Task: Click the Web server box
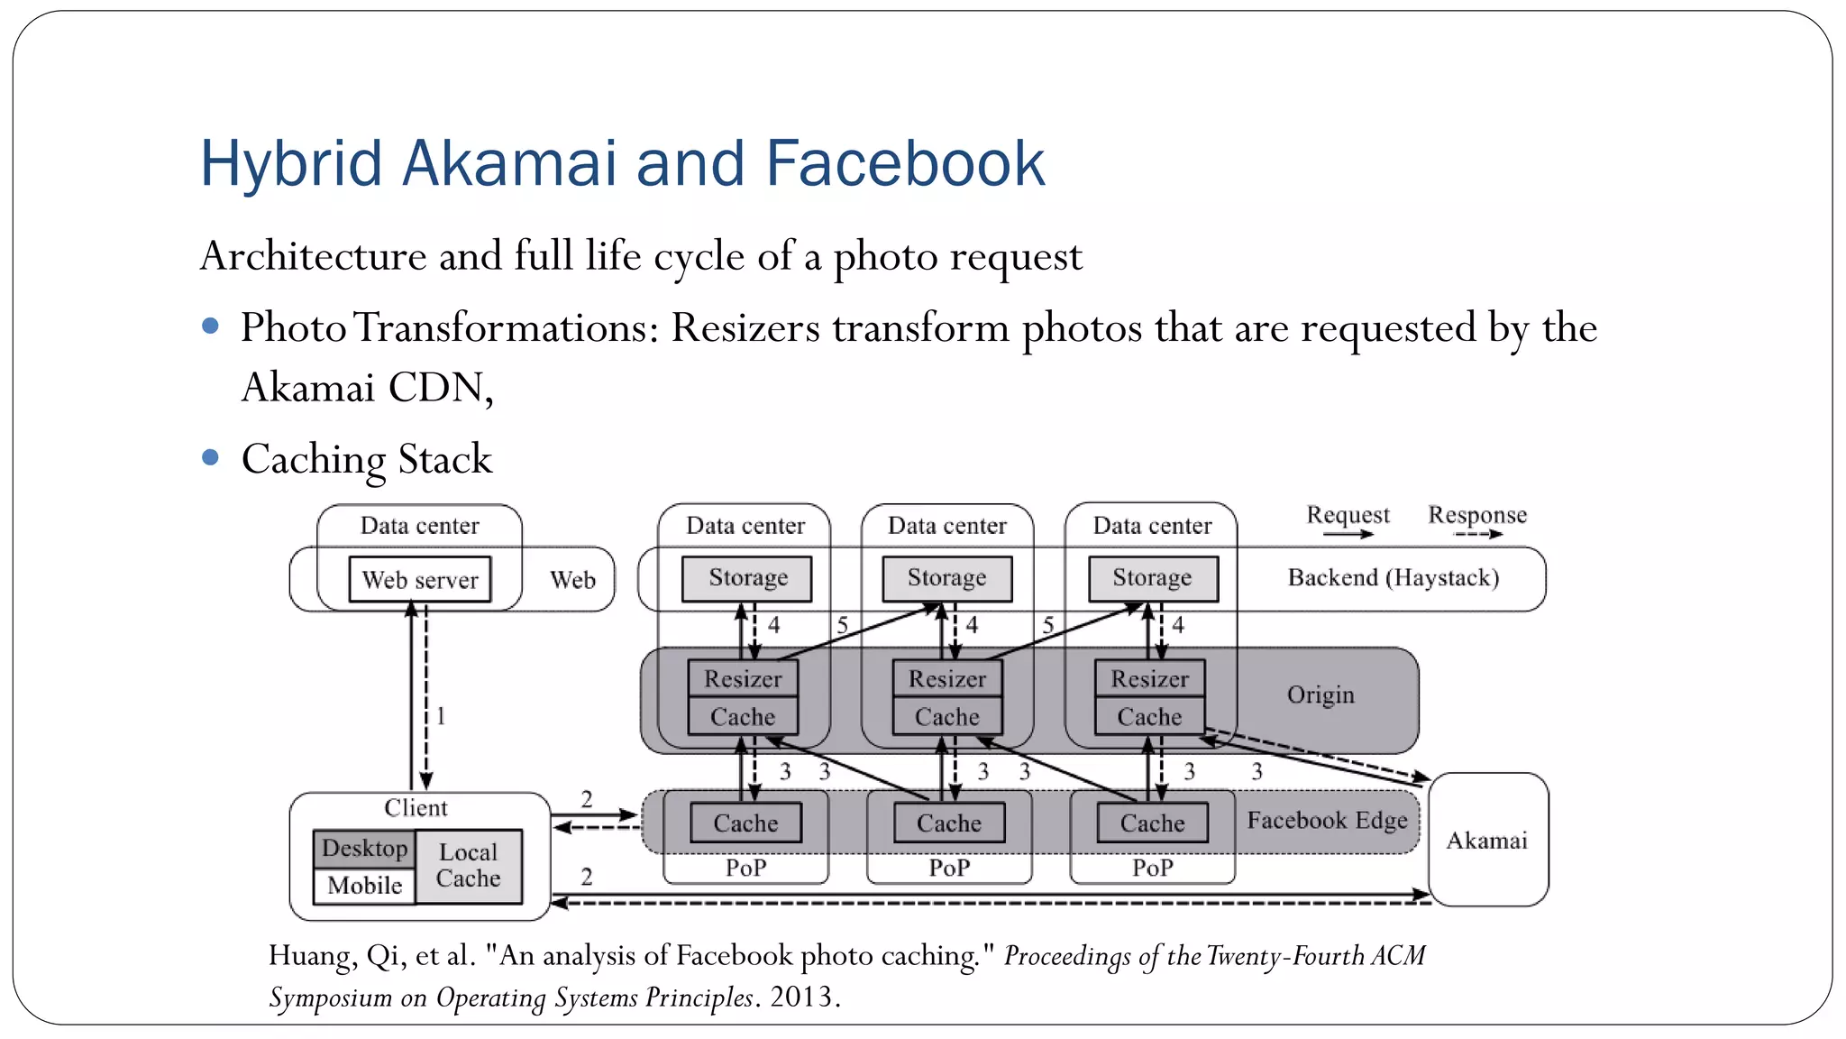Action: point(420,580)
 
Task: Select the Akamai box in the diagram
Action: point(1487,841)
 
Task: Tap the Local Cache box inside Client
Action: point(469,866)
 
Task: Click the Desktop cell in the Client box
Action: point(364,849)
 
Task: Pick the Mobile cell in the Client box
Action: point(364,886)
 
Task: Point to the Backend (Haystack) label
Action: point(1393,578)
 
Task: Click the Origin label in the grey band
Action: point(1321,695)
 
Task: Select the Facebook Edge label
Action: point(1327,821)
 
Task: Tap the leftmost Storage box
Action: point(747,578)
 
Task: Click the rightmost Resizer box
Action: point(1149,679)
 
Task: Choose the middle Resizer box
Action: point(947,679)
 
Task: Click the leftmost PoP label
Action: point(745,868)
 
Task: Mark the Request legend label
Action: point(1348,515)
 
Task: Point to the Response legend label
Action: point(1477,515)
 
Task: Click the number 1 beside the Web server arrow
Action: point(441,716)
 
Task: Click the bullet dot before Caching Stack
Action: point(211,457)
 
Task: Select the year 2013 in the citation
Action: point(803,998)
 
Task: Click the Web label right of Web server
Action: point(572,580)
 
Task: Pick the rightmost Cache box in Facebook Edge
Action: point(1152,823)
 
